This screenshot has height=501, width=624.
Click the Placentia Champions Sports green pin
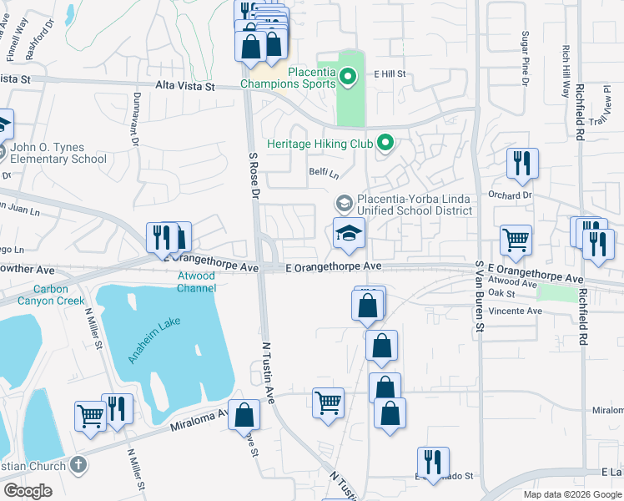(x=349, y=78)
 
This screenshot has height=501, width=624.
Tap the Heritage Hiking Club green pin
(x=385, y=144)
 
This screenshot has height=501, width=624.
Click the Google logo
(x=28, y=491)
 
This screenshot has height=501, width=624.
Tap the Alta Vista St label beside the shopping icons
(x=185, y=86)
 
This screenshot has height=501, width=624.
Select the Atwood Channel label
(x=197, y=282)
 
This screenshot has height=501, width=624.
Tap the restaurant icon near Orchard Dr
(x=522, y=164)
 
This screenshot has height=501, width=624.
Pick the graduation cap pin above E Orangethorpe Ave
(x=350, y=233)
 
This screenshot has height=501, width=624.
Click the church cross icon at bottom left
(x=78, y=465)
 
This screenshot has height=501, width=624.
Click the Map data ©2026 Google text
(x=571, y=493)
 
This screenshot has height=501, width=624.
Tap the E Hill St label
(x=390, y=73)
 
